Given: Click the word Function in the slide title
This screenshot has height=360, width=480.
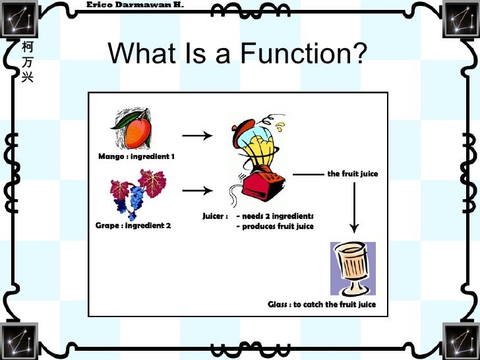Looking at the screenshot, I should (303, 54).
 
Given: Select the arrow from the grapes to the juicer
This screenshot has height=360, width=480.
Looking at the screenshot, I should (196, 191).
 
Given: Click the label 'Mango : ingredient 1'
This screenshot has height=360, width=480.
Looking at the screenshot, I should (136, 157).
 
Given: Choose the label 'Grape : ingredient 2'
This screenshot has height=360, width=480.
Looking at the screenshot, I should (133, 225).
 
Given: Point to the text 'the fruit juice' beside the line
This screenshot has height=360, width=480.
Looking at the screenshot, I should (353, 174).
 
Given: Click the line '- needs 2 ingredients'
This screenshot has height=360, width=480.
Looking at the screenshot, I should (275, 216).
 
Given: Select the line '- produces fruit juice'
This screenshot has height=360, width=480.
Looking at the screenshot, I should (275, 227).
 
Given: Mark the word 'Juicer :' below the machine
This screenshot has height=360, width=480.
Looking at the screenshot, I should (215, 216).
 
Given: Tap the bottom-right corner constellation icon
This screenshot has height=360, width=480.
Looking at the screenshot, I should (462, 341).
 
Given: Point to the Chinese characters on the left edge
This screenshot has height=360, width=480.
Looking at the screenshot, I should (26, 63).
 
